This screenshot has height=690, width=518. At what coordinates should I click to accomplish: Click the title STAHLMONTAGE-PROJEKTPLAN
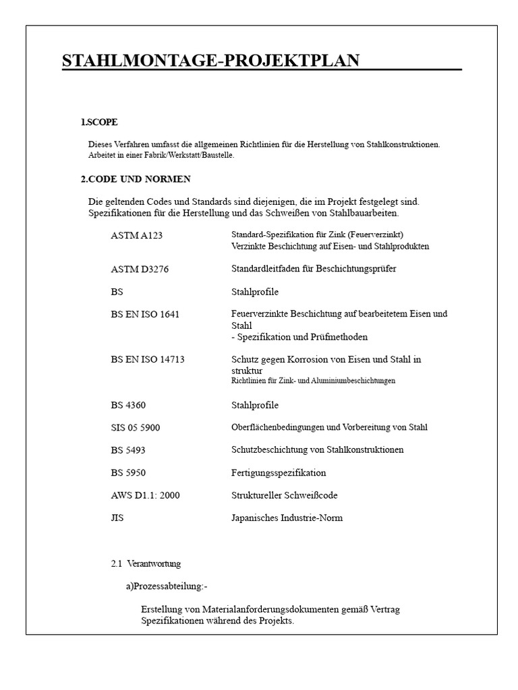[210, 61]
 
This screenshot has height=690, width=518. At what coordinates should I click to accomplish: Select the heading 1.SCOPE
[99, 122]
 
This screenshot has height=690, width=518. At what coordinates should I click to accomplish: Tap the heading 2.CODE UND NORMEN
[136, 179]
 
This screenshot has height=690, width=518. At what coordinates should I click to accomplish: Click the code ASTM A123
[137, 236]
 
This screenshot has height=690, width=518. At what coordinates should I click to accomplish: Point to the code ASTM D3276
[140, 269]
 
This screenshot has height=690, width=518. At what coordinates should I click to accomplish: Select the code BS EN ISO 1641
[145, 315]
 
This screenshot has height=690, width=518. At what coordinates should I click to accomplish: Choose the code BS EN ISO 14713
[148, 360]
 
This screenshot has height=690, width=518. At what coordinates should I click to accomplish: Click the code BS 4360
[128, 405]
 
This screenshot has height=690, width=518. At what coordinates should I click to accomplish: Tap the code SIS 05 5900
[136, 428]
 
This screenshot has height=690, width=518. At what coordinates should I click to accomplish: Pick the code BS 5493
[128, 450]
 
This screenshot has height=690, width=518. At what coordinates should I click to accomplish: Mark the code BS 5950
[128, 473]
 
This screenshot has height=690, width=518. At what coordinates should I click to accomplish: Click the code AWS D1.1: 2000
[145, 495]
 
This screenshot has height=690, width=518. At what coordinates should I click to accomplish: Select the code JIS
[117, 518]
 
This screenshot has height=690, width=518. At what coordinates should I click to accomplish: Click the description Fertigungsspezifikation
[279, 473]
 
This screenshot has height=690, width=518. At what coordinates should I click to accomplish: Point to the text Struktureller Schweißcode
[284, 495]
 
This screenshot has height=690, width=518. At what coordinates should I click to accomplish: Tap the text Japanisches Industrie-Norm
[287, 518]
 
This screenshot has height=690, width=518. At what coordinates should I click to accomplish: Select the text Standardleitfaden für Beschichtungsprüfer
[314, 269]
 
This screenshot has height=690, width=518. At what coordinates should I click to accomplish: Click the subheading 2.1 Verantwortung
[146, 563]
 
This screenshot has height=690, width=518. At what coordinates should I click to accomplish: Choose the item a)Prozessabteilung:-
[166, 586]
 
